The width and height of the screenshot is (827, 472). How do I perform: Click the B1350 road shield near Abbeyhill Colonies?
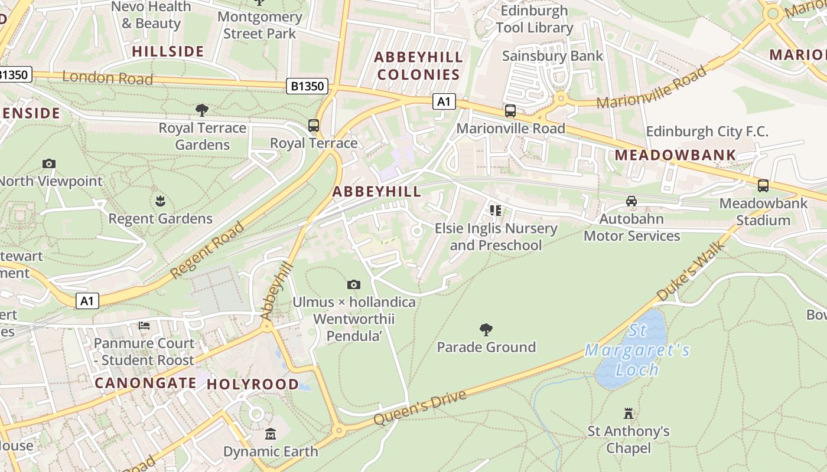tap(308, 86)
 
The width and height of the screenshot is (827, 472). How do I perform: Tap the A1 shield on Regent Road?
tap(87, 301)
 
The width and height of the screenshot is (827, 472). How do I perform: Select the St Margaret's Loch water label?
tap(637, 350)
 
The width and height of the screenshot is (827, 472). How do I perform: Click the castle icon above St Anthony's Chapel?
tap(629, 414)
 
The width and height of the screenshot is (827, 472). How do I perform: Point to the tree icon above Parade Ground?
tap(486, 329)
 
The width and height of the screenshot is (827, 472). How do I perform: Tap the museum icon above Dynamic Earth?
tap(271, 434)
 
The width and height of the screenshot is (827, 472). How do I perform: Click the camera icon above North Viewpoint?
tap(49, 163)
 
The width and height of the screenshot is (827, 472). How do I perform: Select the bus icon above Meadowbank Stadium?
tap(763, 186)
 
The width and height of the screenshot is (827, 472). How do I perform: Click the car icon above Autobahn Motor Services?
tap(631, 201)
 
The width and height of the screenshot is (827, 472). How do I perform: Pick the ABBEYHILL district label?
tap(377, 191)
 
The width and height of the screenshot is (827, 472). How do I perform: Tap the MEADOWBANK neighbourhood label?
tap(676, 155)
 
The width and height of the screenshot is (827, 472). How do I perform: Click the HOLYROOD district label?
tap(253, 384)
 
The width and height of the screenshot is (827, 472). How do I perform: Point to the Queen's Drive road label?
tap(420, 407)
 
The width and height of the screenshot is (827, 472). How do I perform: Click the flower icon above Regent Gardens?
tap(160, 201)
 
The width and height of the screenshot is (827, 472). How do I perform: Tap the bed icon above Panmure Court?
tap(144, 326)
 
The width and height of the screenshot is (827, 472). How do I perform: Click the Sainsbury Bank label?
tap(552, 56)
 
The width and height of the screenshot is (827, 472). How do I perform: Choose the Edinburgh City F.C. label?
tap(707, 131)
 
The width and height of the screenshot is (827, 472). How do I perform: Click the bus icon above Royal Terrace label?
tap(314, 126)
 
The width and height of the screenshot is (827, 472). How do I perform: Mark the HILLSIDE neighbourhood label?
tap(168, 51)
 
